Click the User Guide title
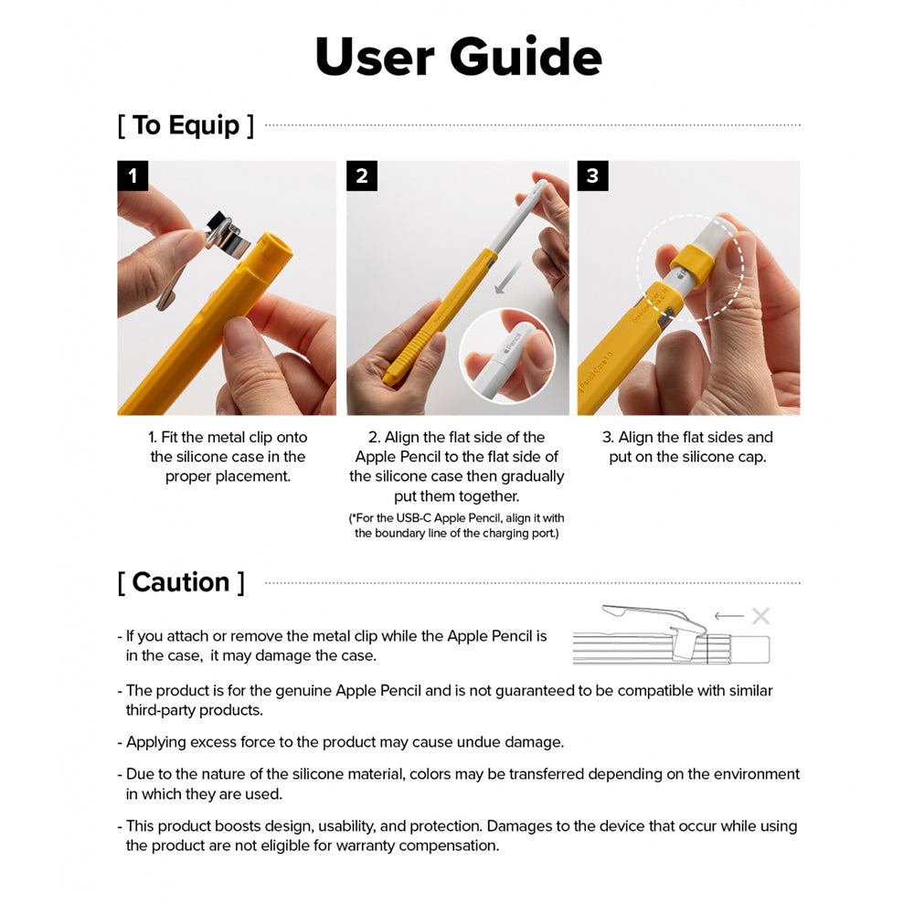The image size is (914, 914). pos(458,57)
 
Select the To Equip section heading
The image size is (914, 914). pos(186,125)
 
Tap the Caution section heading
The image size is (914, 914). pos(181,582)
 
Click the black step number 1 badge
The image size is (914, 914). pos(133,175)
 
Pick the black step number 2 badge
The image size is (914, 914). pos(361,175)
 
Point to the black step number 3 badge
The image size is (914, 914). pos(591,175)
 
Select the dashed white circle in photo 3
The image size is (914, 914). pos(690,267)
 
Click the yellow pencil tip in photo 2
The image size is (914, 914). pos(390,376)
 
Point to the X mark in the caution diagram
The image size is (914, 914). pos(760,616)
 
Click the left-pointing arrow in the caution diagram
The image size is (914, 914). pos(728,616)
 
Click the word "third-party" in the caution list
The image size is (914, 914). pos(165,710)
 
